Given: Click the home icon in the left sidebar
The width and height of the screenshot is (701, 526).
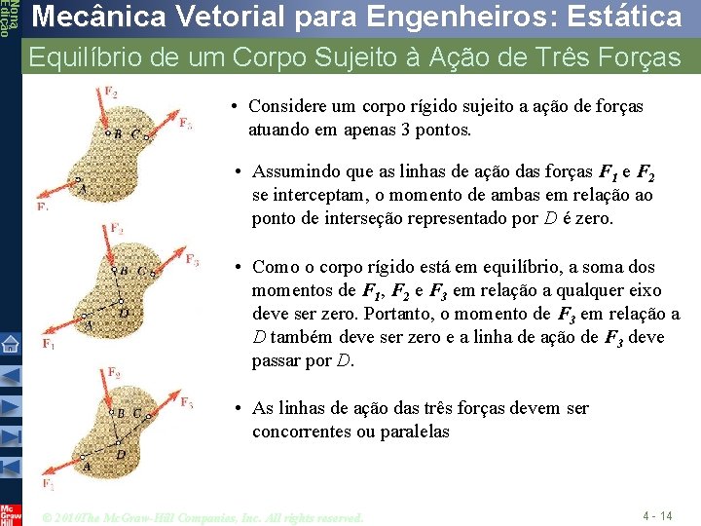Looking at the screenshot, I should click(10, 343).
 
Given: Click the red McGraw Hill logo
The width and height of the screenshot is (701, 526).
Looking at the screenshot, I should click(10, 513).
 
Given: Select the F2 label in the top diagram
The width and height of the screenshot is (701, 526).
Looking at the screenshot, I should click(111, 93).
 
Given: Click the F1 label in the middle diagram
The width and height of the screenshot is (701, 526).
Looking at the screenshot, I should click(48, 344).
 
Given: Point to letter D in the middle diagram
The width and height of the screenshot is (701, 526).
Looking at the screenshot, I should click(124, 312).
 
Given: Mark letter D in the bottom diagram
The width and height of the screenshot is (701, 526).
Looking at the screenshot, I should click(121, 454).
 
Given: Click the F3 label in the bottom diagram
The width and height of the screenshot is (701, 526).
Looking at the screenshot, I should click(186, 402).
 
